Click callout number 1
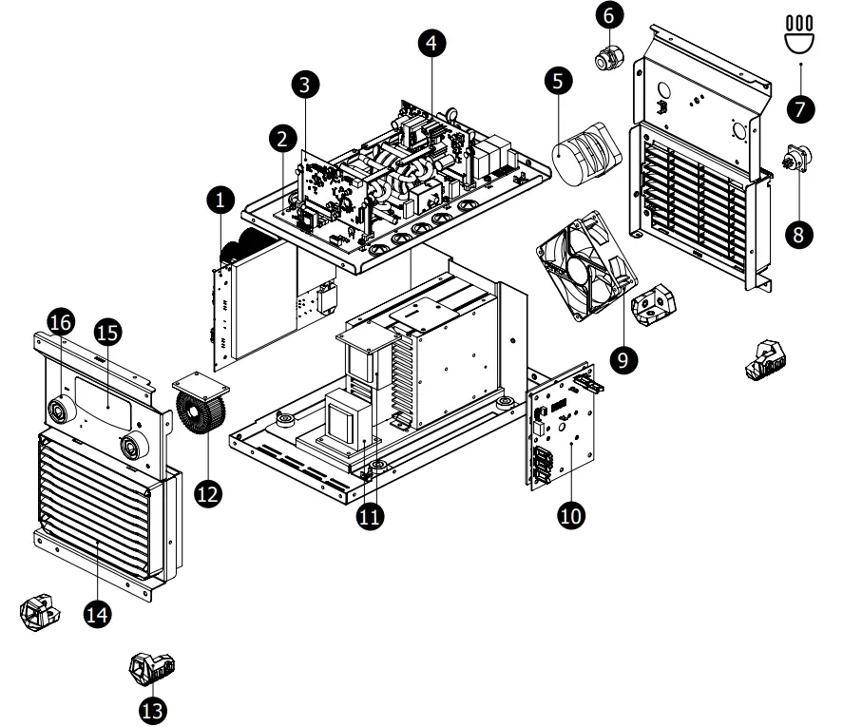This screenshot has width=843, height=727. pyautogui.click(x=220, y=200)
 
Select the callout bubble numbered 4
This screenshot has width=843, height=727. pyautogui.click(x=431, y=43)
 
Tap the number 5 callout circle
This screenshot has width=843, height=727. pyautogui.click(x=559, y=81)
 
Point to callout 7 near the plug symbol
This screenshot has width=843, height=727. pyautogui.click(x=800, y=107)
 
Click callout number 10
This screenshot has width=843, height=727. pyautogui.click(x=571, y=514)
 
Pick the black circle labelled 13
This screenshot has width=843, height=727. pyautogui.click(x=151, y=708)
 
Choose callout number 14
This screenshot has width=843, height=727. pyautogui.click(x=96, y=615)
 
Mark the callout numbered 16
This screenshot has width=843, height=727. pyautogui.click(x=60, y=323)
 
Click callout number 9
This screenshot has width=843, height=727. pyautogui.click(x=625, y=358)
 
